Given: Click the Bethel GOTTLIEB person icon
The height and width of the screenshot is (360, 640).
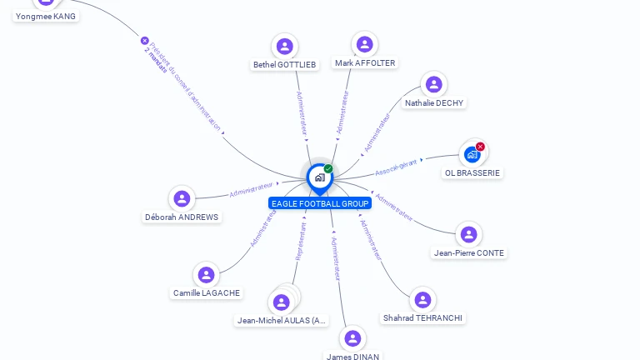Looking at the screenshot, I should click(x=285, y=46).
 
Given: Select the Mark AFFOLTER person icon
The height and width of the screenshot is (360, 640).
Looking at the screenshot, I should click(x=364, y=44).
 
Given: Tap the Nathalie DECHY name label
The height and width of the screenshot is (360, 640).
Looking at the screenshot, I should click(x=434, y=103).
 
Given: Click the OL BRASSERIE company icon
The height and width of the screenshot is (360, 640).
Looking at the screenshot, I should click(x=472, y=154).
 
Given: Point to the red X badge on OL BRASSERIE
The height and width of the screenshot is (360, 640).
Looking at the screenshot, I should click(x=480, y=147).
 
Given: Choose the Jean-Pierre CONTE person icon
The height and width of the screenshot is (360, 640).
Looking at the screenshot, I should click(x=468, y=234).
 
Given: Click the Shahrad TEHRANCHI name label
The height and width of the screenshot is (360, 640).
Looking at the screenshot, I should click(x=422, y=318).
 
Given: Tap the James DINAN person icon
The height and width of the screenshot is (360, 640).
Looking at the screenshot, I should click(x=352, y=338).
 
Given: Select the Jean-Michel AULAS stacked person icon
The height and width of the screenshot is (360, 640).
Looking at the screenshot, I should click(x=282, y=302).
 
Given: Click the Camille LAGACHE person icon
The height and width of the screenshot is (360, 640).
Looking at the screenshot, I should click(x=206, y=274).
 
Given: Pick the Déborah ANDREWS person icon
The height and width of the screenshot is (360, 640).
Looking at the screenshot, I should click(x=182, y=198).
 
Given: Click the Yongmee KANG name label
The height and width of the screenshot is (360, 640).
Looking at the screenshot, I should click(x=46, y=16).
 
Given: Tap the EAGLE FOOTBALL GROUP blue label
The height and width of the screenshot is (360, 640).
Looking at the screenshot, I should click(x=320, y=203).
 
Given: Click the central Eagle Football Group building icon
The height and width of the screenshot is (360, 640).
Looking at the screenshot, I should click(x=319, y=177).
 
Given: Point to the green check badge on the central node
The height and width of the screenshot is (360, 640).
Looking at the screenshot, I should click(x=328, y=168).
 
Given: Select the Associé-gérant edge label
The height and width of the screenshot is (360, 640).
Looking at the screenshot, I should click(x=396, y=167).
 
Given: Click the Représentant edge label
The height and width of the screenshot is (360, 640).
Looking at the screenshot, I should click(x=301, y=242).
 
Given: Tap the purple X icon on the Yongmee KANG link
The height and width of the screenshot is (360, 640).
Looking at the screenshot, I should click(x=144, y=40).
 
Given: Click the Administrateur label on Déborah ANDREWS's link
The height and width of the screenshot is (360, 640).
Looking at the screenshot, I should click(x=251, y=190).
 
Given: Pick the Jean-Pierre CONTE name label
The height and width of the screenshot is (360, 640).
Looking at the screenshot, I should click(x=468, y=253).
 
